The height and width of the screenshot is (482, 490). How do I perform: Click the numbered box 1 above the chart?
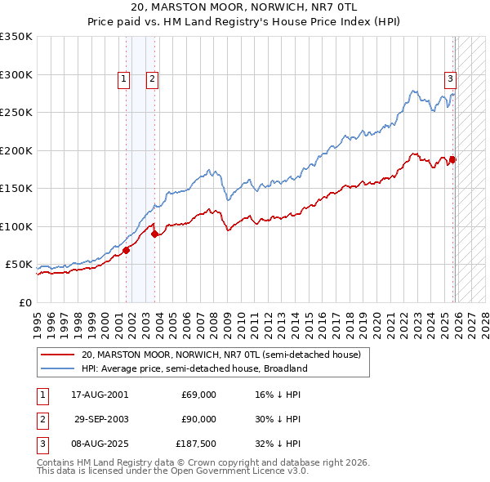coord(123,79)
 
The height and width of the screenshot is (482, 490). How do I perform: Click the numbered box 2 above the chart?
coord(152,79)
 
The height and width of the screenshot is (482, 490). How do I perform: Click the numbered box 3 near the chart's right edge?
coord(450,79)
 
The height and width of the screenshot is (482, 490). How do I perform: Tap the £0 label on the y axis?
coord(24,302)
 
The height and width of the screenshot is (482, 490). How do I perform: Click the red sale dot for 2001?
coord(127,251)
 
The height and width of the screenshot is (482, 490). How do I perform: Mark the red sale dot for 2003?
coord(155,234)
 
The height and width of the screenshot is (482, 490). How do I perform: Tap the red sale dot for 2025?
coord(453,160)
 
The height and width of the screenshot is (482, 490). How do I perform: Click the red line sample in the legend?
coord(58,355)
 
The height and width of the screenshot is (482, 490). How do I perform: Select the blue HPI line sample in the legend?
coord(58,368)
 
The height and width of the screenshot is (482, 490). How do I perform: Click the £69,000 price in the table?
coord(198,395)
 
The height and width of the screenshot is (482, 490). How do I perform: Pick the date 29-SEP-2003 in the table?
coord(101,419)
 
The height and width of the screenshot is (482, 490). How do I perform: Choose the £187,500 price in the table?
coord(196,444)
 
